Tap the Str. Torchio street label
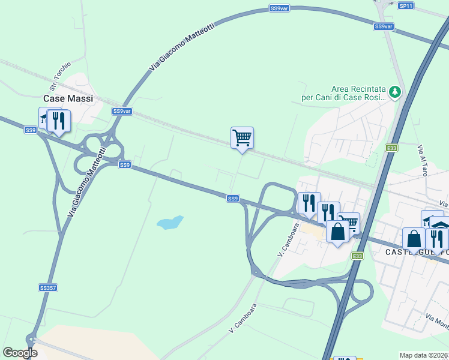pyautogui.click(x=61, y=73)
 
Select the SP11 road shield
pyautogui.click(x=405, y=5)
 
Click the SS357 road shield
pyautogui.click(x=47, y=288)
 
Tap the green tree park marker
pyautogui.click(x=395, y=92)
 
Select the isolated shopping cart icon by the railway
pyautogui.click(x=242, y=137)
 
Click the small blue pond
pyautogui.click(x=169, y=223)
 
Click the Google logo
pyautogui.click(x=20, y=353)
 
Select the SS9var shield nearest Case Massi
pyautogui.click(x=122, y=111)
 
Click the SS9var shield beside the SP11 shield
pyautogui.click(x=383, y=26)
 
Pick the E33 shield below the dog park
pyautogui.click(x=392, y=148)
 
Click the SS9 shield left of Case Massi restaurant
pyautogui.click(x=31, y=130)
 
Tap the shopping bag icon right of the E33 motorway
pyautogui.click(x=414, y=238)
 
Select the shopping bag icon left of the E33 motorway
pyautogui.click(x=337, y=231)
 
